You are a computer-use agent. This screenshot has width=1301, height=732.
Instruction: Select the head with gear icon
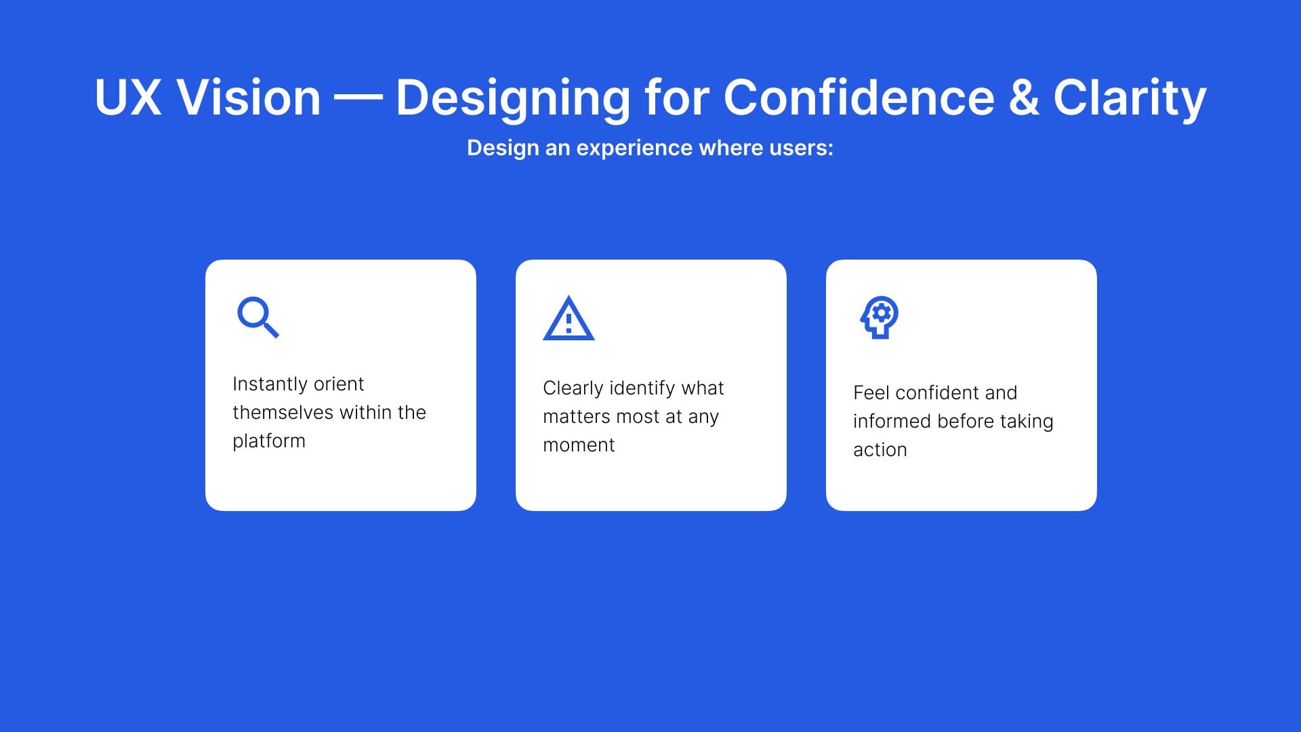point(880,317)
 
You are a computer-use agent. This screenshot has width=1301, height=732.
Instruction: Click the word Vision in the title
point(248,98)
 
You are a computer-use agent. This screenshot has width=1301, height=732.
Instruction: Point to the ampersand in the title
point(1023,98)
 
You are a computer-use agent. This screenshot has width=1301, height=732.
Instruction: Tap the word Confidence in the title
point(859,98)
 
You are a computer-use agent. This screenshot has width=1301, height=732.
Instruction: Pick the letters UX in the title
point(128,98)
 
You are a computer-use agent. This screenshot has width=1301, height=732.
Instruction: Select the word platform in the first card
point(269,441)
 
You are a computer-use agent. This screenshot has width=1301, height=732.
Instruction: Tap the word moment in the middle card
point(579,445)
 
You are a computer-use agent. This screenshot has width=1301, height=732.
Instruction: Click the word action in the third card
point(880,450)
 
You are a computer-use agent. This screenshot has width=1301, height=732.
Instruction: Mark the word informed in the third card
point(892,421)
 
